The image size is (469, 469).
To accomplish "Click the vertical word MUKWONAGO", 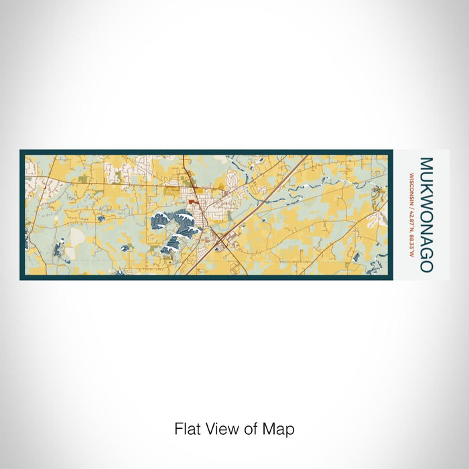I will coord(425,214).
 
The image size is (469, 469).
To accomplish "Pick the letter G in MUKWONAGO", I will coord(425,253).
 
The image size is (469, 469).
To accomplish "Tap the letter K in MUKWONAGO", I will coord(425,188).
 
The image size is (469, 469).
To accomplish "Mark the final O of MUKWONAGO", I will coord(425,266).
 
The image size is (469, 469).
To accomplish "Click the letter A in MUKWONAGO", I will coord(425,241).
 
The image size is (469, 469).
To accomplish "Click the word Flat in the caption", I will coord(188,429).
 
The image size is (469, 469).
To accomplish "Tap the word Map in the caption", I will coord(281,429).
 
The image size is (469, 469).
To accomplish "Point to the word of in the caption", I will coord(253,429).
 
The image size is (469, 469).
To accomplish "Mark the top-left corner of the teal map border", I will coord(21,151).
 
